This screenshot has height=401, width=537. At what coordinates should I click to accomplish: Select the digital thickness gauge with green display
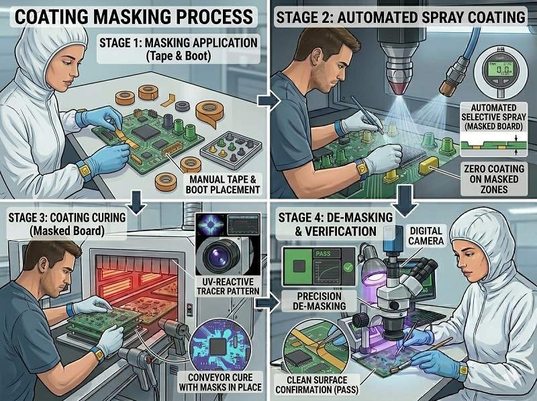tap(497, 74)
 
